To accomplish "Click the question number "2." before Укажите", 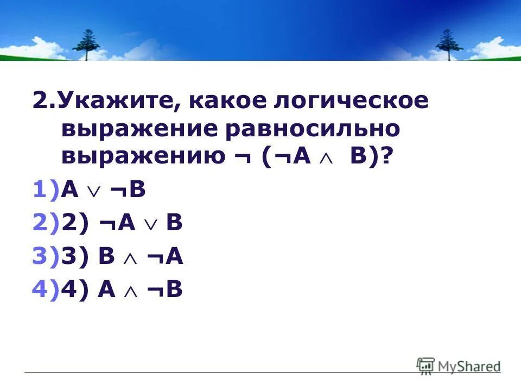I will (45, 102).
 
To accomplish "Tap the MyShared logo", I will (459, 365).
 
